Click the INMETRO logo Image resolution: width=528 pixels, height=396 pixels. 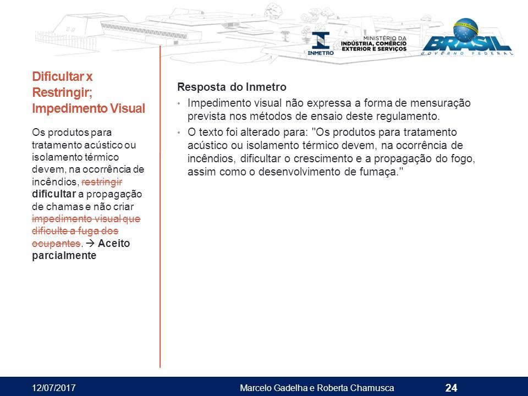tap(321, 43)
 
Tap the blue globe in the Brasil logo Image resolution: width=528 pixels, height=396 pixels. tap(466, 30)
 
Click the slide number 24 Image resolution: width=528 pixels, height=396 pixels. tap(451, 388)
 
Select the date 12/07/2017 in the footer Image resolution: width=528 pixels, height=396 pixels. tap(54, 388)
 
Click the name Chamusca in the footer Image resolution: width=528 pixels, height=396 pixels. tap(372, 388)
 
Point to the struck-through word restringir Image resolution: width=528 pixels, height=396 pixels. tap(102, 182)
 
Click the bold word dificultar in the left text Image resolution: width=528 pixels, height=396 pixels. tap(54, 194)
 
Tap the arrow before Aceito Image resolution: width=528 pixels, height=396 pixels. tap(90, 243)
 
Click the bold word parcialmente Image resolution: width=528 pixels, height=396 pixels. tap(64, 256)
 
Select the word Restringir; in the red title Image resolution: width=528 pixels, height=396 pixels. tap(62, 92)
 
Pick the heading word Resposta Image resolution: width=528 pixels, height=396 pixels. tap(201, 87)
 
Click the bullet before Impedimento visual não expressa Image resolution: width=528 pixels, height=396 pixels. tap(179, 103)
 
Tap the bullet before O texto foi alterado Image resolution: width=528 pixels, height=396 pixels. tap(179, 133)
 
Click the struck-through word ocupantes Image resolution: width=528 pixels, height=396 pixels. tap(56, 243)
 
